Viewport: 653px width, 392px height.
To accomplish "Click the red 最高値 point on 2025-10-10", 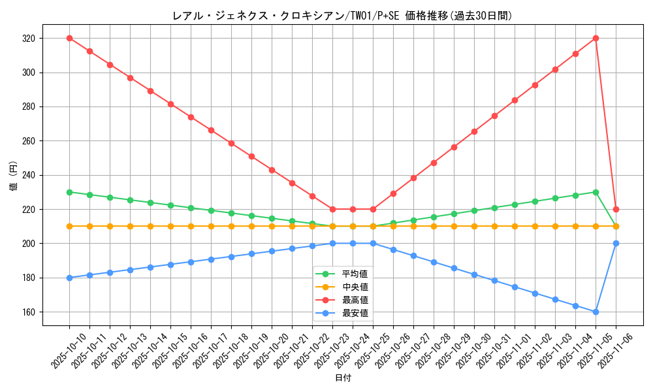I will click(69, 38).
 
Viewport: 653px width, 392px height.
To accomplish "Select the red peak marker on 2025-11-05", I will click(596, 38).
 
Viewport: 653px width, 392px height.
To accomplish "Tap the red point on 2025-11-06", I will click(616, 209).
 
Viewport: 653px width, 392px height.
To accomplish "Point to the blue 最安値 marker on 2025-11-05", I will click(596, 312).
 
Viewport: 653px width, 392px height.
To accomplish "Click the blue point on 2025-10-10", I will click(69, 278).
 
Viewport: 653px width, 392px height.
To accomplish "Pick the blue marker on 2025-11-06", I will click(616, 243).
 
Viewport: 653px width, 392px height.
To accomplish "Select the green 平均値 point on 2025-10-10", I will click(69, 192).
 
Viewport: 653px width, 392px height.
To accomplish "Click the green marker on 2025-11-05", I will click(596, 192).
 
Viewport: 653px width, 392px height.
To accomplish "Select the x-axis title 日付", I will click(343, 378).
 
